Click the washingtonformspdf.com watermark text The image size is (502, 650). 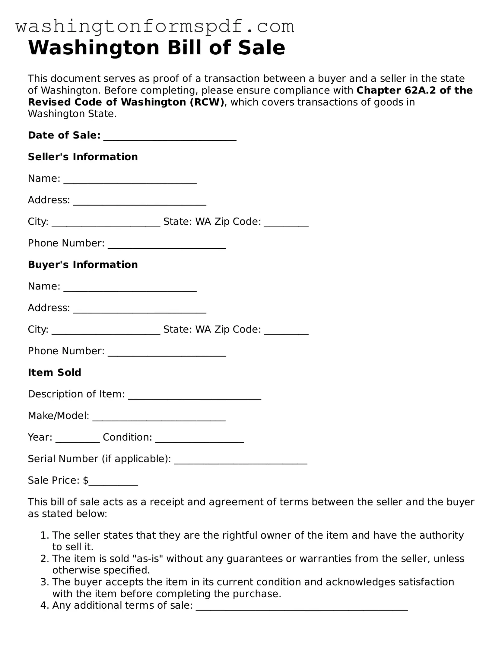[x=154, y=27]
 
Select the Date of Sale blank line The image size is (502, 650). [x=170, y=136]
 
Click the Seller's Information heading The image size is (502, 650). [x=83, y=157]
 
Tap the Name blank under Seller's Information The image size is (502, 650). [x=130, y=179]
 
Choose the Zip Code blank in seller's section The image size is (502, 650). [x=286, y=222]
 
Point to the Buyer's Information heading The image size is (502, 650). [x=83, y=265]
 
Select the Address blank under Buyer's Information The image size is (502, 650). [x=140, y=308]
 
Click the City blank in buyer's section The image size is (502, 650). [x=106, y=330]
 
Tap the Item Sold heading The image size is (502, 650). [x=54, y=372]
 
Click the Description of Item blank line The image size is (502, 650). [x=195, y=395]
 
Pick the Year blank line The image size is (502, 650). [x=78, y=438]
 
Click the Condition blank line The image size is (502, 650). [x=199, y=438]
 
